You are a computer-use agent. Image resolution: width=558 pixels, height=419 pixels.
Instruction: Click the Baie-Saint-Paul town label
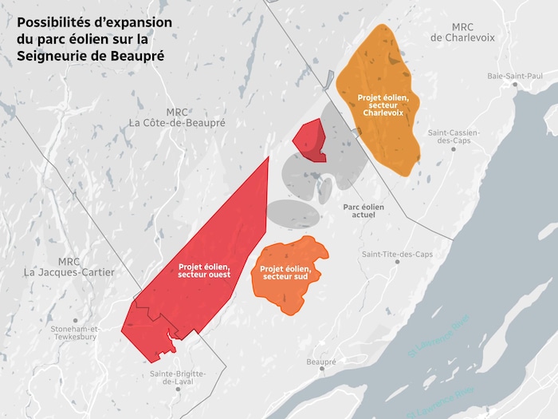pyautogui.click(x=515, y=77)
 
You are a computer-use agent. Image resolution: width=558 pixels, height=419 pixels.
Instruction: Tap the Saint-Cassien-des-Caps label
pyautogui.click(x=453, y=136)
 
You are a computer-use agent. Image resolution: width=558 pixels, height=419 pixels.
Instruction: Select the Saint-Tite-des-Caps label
pyautogui.click(x=397, y=255)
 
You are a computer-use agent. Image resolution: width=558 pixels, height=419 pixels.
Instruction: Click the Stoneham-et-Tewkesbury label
pyautogui.click(x=74, y=333)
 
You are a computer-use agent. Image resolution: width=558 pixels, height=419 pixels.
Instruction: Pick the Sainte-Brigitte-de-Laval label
pyautogui.click(x=179, y=377)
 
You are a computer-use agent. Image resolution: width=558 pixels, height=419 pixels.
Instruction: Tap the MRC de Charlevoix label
pyautogui.click(x=463, y=32)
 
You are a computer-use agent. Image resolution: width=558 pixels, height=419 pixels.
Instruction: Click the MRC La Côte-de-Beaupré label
pyautogui.click(x=177, y=118)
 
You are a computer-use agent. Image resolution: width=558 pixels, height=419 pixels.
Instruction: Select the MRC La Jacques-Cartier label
pyautogui.click(x=69, y=267)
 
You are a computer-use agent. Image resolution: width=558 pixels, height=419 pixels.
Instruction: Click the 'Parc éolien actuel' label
pyautogui.click(x=363, y=211)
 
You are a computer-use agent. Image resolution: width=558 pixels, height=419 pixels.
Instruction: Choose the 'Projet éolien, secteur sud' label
pyautogui.click(x=285, y=273)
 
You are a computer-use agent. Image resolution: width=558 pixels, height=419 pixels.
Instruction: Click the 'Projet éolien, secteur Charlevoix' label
pyautogui.click(x=383, y=105)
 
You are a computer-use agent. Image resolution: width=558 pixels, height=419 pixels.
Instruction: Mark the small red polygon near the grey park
pyautogui.click(x=309, y=139)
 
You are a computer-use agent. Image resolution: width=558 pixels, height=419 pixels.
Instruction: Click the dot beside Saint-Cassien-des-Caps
pyautogui.click(x=454, y=150)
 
